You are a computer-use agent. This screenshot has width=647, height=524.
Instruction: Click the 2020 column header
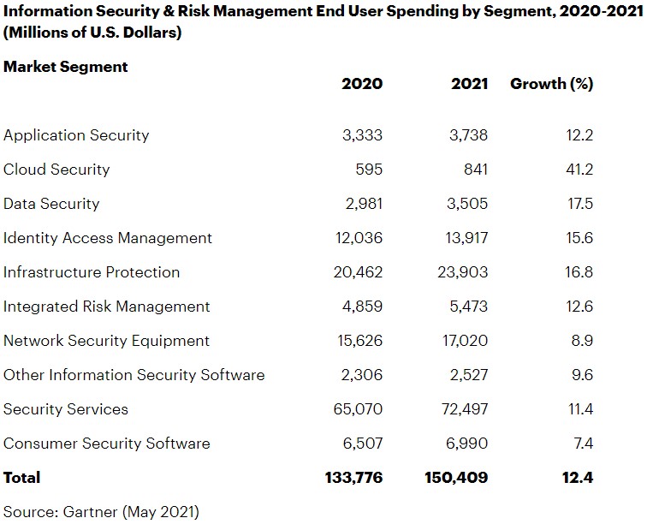(x=362, y=84)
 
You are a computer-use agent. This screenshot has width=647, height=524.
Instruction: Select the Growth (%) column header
(x=551, y=84)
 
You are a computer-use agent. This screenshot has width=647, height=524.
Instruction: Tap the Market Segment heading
(x=66, y=66)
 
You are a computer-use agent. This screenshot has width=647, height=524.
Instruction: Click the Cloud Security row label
(x=56, y=170)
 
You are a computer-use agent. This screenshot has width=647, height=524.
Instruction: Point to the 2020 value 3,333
(x=362, y=135)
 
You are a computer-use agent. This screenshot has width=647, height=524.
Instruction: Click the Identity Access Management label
(x=108, y=238)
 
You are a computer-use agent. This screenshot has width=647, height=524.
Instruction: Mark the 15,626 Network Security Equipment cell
(x=359, y=341)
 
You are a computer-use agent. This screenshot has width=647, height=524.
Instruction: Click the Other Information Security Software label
(x=134, y=375)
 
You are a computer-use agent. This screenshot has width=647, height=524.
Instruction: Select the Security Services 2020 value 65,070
(x=358, y=409)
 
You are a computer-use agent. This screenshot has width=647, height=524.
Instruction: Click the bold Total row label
(x=22, y=477)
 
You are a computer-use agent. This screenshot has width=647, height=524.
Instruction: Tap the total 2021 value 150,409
(x=456, y=477)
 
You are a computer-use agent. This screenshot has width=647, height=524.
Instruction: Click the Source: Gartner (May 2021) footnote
(x=101, y=512)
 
